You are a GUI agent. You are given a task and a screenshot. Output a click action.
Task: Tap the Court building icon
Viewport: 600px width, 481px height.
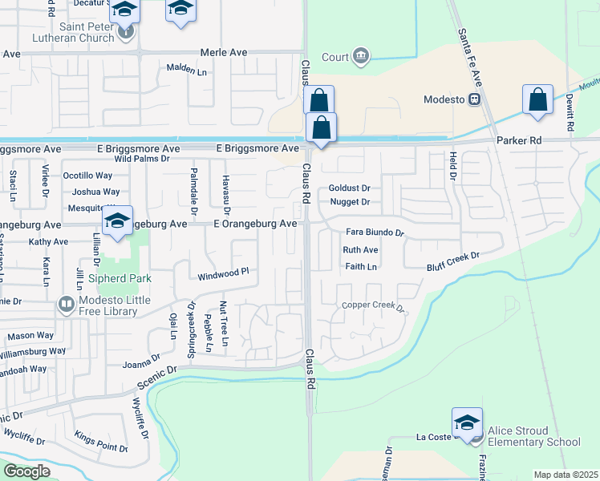tap(361, 56)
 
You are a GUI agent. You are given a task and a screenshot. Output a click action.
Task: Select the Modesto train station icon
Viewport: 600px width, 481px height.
tap(475, 99)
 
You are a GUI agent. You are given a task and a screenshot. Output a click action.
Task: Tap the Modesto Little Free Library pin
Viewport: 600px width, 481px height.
tap(65, 305)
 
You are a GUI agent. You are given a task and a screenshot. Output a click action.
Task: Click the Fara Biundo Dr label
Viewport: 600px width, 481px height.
tap(374, 232)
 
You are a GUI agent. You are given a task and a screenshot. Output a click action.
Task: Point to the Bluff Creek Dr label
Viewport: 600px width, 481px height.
tap(452, 261)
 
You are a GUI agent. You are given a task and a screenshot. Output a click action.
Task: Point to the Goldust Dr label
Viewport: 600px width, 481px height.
tap(349, 188)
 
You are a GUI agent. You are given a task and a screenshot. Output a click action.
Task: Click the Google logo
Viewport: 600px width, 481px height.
tap(26, 471)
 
